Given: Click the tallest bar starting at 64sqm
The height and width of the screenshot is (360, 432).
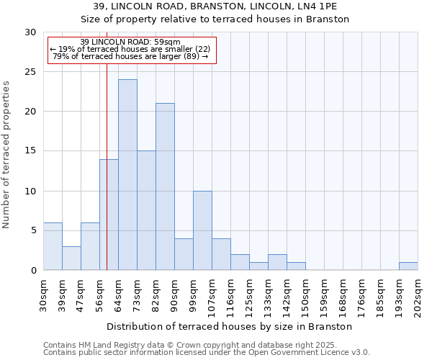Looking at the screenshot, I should (x=127, y=175).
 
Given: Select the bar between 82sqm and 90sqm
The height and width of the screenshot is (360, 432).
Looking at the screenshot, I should (x=165, y=186).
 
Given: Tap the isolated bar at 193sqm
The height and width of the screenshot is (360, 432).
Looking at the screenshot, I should (x=408, y=266).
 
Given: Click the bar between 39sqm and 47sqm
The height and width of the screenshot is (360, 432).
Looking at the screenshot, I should (x=71, y=258).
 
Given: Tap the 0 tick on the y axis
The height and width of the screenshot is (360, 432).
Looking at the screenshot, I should (x=33, y=271).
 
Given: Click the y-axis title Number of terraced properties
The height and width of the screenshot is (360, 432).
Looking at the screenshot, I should (x=7, y=154).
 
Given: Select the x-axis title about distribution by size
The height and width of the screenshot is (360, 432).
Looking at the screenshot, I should (x=230, y=326).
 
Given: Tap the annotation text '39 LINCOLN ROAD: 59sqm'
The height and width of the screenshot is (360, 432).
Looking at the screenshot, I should (x=130, y=42).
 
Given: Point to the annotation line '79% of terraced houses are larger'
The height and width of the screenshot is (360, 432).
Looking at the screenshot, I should (x=130, y=56).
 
